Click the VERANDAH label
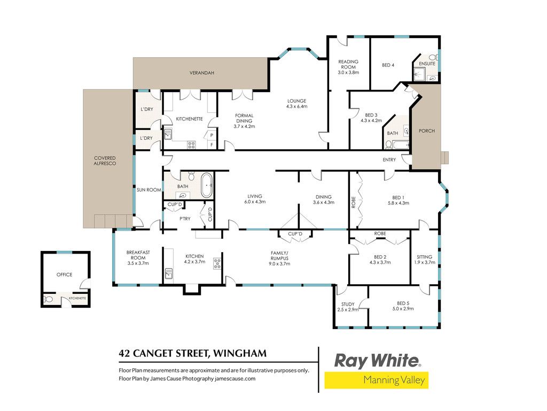[201, 73]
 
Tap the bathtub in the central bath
[207, 185]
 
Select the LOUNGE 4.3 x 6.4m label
[296, 103]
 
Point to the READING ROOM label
[348, 64]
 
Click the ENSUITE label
[427, 64]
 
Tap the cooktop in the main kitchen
[217, 263]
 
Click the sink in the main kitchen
[169, 273]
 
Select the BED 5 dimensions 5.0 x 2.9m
[403, 309]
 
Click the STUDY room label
[348, 304]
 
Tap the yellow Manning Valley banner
[377, 380]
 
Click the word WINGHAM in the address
[240, 353]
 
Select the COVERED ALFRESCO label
[105, 161]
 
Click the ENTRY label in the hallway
[389, 159]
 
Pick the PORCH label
[427, 131]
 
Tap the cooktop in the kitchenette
[191, 144]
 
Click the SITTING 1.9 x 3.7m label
[425, 260]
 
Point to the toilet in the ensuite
[433, 57]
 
